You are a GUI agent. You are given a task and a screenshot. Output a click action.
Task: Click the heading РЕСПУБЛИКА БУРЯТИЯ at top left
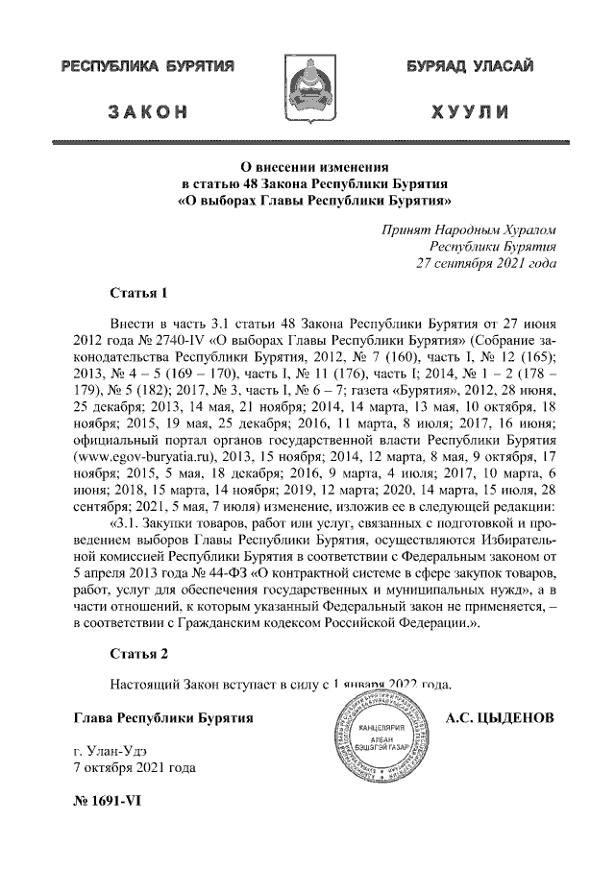[148, 69]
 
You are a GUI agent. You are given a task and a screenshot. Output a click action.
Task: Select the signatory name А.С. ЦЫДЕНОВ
[502, 717]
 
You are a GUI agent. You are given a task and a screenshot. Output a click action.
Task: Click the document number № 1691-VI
[107, 805]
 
